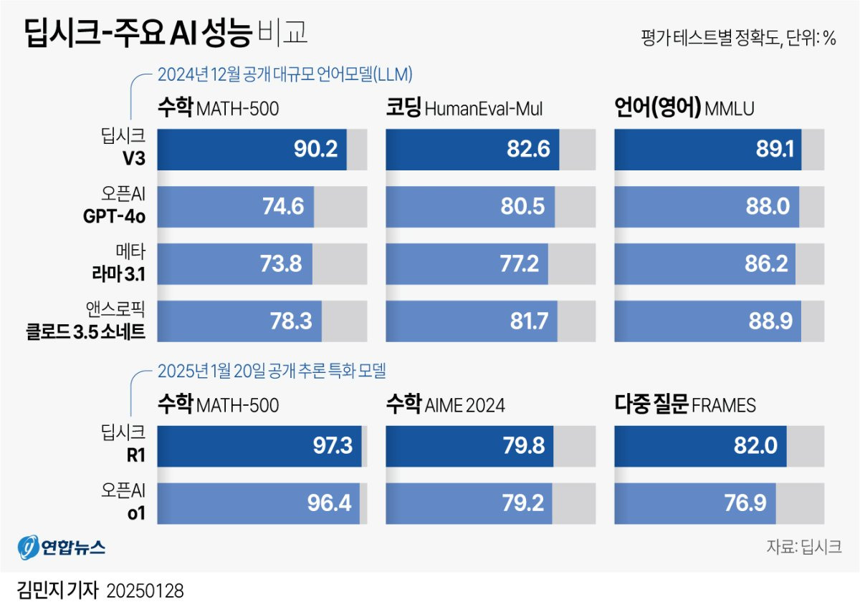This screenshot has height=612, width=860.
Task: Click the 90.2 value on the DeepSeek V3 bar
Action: pyautogui.click(x=316, y=150)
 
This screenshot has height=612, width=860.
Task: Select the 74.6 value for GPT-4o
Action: pyautogui.click(x=283, y=207)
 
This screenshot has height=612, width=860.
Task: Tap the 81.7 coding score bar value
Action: pyautogui.click(x=528, y=321)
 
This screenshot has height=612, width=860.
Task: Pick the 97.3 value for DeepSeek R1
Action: pyautogui.click(x=330, y=446)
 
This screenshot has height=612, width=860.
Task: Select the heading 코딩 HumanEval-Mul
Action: pyautogui.click(x=464, y=108)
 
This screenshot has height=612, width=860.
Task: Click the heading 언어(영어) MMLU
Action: pyautogui.click(x=684, y=108)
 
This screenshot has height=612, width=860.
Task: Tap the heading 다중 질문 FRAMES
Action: pyautogui.click(x=685, y=405)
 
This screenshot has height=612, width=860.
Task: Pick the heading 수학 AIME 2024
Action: pyautogui.click(x=445, y=405)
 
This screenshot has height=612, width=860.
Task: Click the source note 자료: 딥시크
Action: pyautogui.click(x=803, y=547)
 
